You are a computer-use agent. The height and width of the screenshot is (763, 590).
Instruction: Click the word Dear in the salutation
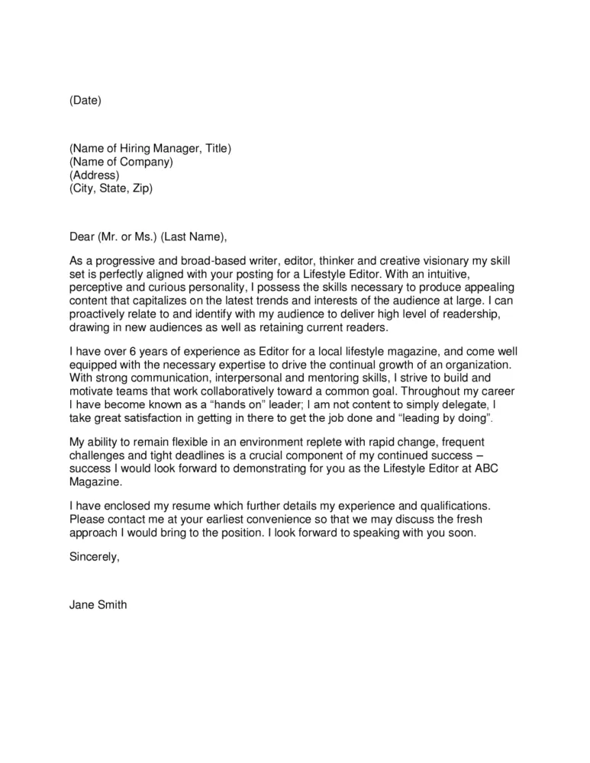[x=82, y=235]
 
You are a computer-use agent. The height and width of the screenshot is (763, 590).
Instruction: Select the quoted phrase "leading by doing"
[x=441, y=419]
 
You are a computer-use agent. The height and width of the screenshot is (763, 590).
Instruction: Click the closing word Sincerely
[x=95, y=556]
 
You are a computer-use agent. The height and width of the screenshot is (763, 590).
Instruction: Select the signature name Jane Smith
[x=98, y=606]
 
